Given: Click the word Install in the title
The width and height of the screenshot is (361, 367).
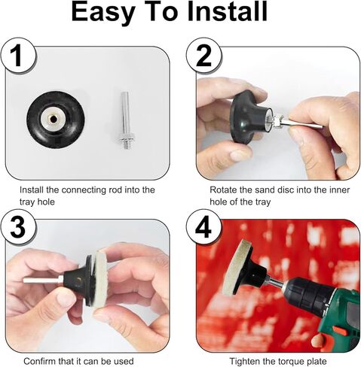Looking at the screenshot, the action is pos(227,12).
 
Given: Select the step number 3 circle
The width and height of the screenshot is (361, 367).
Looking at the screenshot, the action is pos(18,228).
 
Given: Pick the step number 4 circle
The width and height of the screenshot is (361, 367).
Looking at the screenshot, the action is pos(203,228).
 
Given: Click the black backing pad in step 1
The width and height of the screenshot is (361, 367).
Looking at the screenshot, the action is pos(56,120).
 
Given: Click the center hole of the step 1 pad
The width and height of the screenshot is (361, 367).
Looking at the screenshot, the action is pos(54,120).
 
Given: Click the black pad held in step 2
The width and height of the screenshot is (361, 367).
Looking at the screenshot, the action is pos(249,117).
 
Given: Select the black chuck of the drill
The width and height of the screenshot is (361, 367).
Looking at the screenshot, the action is pos(308,294).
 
